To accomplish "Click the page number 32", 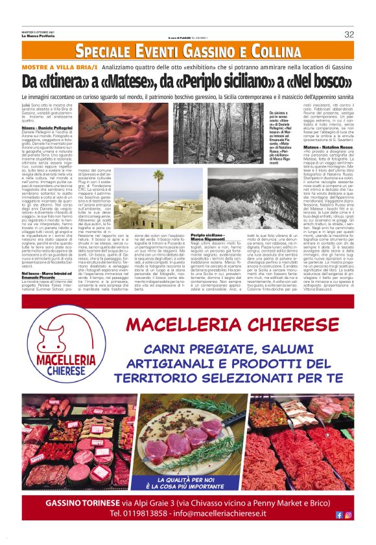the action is (349, 34).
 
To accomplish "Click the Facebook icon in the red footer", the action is (339, 515).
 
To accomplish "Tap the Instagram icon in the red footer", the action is (349, 515).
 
